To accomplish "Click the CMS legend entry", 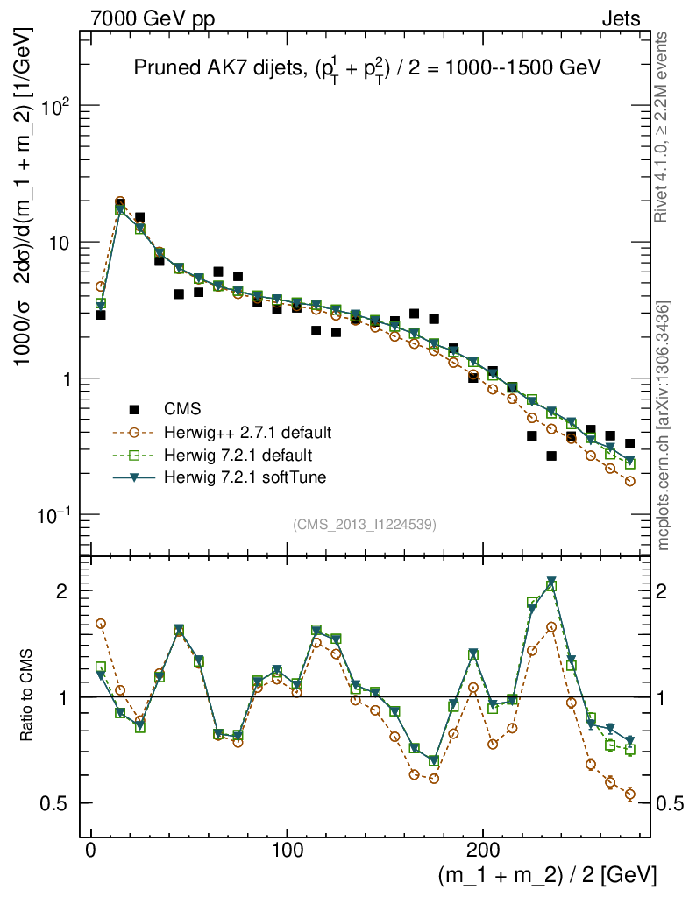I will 182,409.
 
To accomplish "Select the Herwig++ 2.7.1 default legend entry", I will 246,433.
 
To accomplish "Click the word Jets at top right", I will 620,18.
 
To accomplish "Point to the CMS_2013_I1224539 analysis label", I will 365,524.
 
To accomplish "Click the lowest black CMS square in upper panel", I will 551,456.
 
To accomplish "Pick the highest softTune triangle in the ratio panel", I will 551,581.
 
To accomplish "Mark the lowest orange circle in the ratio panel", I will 629,795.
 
